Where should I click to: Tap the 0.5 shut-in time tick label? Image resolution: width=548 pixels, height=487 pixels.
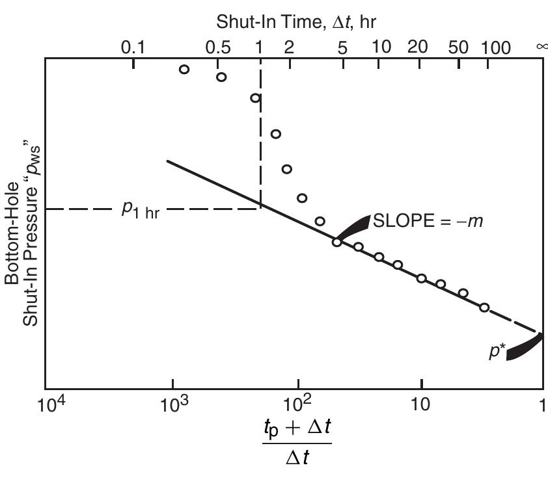click(x=218, y=47)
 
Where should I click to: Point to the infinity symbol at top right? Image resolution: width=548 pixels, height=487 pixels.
click(x=541, y=47)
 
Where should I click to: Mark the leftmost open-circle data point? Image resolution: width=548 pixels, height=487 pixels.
click(x=184, y=69)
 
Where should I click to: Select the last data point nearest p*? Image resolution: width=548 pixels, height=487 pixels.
click(x=484, y=307)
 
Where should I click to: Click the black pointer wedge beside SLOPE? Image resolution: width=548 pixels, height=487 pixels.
click(x=353, y=226)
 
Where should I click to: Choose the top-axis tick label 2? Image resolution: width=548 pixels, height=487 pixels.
click(x=288, y=47)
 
